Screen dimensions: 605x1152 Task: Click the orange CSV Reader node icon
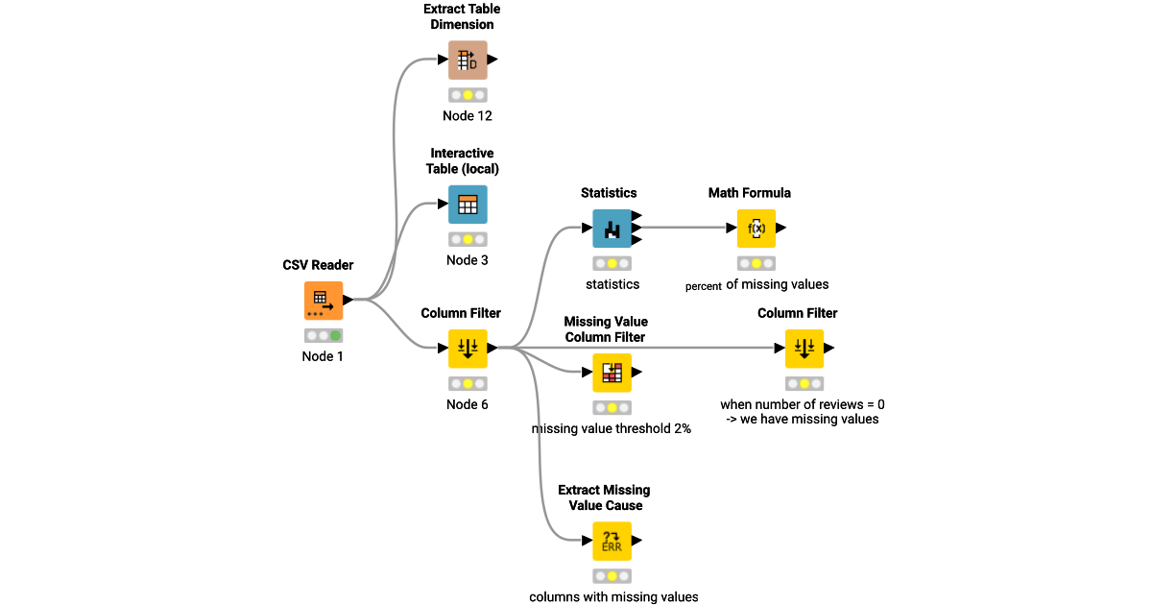pos(324,301)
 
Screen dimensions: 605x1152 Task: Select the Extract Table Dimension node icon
pos(468,60)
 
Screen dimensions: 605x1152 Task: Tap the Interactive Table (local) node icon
pos(468,205)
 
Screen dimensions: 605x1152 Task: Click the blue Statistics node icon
pos(612,229)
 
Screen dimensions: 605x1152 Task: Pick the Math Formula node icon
pos(756,229)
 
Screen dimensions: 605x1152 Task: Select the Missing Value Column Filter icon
pos(612,373)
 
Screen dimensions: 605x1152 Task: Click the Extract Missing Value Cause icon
pos(612,542)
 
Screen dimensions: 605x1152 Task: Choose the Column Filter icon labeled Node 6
pos(468,349)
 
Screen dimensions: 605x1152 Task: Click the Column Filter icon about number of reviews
pos(804,349)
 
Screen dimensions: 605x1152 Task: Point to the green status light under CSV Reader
pos(335,336)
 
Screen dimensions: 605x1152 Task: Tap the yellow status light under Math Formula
pos(756,263)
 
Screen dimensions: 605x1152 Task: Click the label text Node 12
pos(468,116)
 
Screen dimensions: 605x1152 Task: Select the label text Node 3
pos(468,260)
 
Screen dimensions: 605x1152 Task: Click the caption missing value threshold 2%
pos(612,428)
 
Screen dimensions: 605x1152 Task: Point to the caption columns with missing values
pos(613,596)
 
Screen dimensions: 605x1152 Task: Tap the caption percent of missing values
pos(756,285)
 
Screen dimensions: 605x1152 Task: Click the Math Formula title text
pos(750,193)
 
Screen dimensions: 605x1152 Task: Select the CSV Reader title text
pos(318,265)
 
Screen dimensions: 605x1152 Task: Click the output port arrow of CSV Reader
pos(348,300)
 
